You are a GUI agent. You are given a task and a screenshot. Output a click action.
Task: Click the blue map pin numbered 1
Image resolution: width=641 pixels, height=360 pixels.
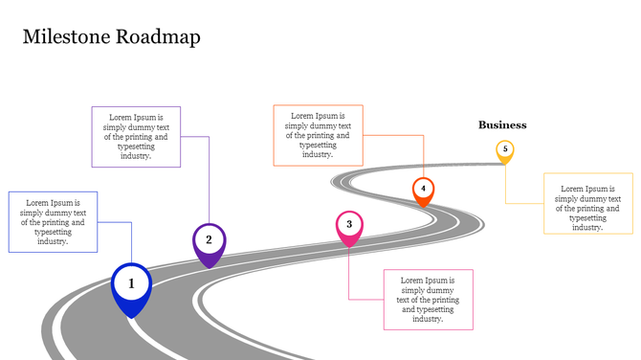click(x=131, y=286)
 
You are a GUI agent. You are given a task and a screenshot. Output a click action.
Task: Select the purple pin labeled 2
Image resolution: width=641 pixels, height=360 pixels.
click(x=209, y=242)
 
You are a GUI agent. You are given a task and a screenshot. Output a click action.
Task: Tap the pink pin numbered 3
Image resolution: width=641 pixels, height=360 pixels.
click(x=349, y=227)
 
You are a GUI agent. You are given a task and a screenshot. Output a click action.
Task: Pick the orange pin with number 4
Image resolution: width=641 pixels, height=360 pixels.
click(x=423, y=191)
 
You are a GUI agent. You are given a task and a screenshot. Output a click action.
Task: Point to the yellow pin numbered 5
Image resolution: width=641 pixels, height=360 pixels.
click(x=505, y=150)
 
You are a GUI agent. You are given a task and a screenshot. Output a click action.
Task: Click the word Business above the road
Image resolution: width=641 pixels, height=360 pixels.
click(x=502, y=125)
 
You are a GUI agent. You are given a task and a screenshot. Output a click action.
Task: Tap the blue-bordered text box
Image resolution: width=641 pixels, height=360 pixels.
click(x=53, y=222)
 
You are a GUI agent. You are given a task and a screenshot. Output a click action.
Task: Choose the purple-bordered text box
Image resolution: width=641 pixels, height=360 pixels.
click(x=136, y=137)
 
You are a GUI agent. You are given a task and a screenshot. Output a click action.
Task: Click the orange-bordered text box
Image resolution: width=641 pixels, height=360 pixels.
click(x=318, y=135)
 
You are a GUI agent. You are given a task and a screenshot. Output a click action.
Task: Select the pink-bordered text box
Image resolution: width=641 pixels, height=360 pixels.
click(x=428, y=300)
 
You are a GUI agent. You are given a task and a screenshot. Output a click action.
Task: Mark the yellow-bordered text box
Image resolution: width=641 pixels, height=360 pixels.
click(x=587, y=203)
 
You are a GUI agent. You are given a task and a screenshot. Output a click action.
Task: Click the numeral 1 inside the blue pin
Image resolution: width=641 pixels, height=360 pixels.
click(x=131, y=283)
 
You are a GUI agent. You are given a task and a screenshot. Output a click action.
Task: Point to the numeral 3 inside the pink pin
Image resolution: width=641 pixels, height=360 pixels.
click(x=349, y=224)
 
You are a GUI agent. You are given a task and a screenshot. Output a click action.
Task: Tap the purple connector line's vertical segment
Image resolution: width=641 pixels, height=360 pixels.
click(x=209, y=182)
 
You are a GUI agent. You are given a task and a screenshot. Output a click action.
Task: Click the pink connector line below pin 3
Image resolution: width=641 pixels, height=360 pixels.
click(x=349, y=273)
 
